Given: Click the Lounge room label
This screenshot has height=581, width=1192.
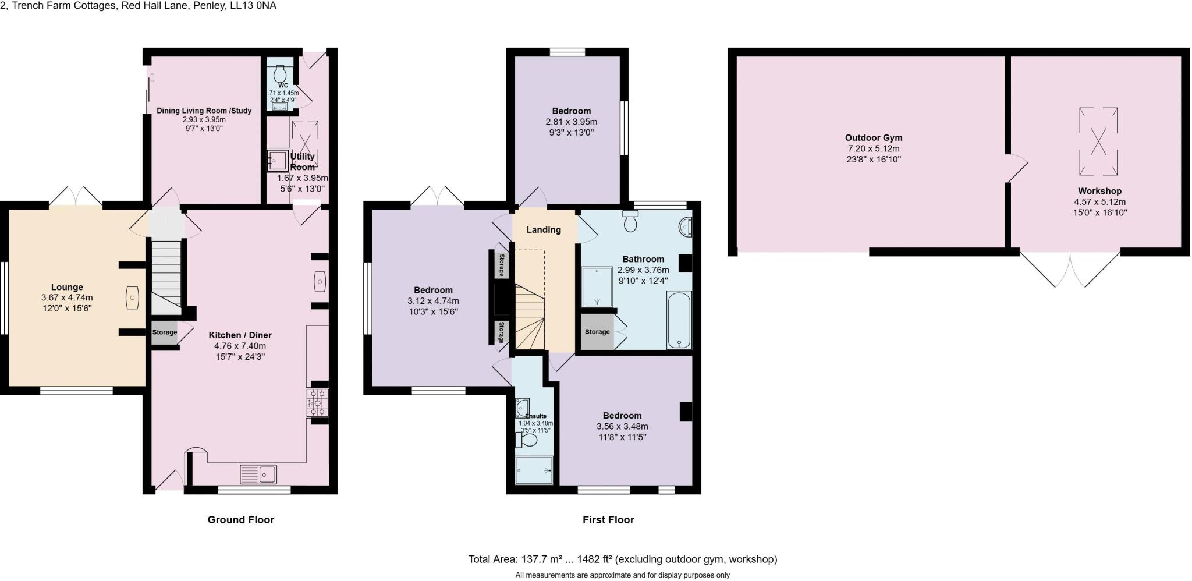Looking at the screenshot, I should point(67,287).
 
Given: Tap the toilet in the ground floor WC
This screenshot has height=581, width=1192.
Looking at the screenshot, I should point(280,74).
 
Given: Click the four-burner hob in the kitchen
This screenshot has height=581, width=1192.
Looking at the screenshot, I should point(318,402).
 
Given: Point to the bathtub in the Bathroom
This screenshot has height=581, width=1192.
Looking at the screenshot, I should point(679,320).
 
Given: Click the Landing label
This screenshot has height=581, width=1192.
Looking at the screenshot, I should point(544,229).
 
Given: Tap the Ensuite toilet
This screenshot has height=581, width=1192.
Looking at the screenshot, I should point(527,440).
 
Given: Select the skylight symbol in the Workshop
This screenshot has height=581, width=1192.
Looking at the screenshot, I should point(1098,141).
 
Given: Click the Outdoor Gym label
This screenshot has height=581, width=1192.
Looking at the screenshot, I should point(874,138).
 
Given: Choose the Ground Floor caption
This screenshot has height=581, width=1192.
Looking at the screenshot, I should point(240,519).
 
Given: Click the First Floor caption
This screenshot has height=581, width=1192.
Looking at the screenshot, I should point(608,519).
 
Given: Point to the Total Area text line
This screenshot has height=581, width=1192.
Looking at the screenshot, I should point(622,559).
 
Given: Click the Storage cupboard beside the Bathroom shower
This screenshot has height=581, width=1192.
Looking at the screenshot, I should point(597,332).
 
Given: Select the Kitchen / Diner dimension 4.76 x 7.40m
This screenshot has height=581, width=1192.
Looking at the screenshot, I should point(240,346).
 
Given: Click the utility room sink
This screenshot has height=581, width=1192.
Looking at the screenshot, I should point(277,161).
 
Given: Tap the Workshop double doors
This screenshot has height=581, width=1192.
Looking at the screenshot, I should point(1070,269).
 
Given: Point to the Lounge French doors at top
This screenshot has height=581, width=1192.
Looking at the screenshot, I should point(75,196).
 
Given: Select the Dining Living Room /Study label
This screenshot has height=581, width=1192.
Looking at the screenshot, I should point(204,111).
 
